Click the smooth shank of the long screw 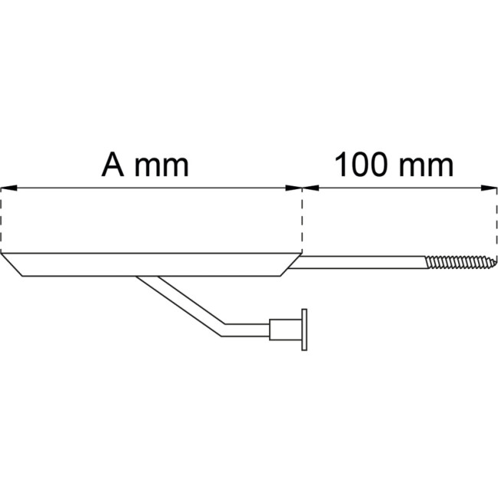[x=360, y=263]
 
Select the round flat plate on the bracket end [x=305, y=332]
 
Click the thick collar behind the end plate [x=286, y=332]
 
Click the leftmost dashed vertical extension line [x=2, y=222]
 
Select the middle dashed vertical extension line [x=303, y=222]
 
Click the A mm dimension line [x=153, y=188]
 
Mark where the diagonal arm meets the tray [x=146, y=277]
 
